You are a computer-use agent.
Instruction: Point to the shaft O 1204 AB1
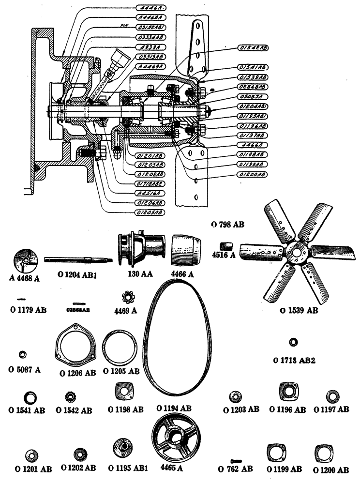point(77,260)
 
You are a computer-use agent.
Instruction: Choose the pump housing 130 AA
point(140,249)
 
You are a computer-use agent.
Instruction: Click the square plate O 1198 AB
point(123,392)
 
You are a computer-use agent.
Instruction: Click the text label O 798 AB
point(228,225)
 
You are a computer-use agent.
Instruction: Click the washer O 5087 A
point(22,356)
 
